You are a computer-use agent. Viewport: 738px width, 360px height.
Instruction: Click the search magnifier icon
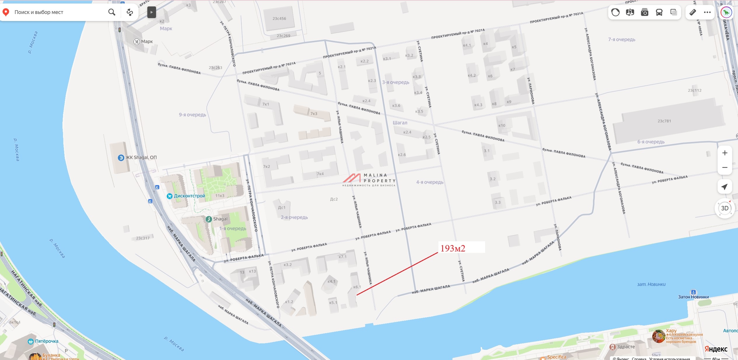pyautogui.click(x=112, y=12)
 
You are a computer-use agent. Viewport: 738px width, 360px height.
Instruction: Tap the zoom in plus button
pyautogui.click(x=725, y=153)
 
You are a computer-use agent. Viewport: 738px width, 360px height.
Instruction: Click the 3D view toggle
pyautogui.click(x=725, y=208)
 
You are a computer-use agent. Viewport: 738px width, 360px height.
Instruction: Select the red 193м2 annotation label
pyautogui.click(x=453, y=248)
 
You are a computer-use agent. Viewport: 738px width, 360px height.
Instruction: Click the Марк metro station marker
pyautogui.click(x=137, y=42)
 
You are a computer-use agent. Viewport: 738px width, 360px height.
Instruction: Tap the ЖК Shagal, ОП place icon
pyautogui.click(x=121, y=158)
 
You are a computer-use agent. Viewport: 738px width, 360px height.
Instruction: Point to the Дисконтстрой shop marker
pyautogui.click(x=169, y=196)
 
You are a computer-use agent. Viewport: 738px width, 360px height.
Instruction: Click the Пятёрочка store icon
pyautogui.click(x=31, y=341)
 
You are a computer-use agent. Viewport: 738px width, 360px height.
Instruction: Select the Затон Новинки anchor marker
pyautogui.click(x=693, y=292)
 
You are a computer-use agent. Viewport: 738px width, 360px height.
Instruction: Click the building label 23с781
pyautogui.click(x=664, y=121)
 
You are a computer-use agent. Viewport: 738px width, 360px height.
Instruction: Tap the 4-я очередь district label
pyautogui.click(x=430, y=182)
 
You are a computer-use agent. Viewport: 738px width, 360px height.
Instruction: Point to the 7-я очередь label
pyautogui.click(x=622, y=40)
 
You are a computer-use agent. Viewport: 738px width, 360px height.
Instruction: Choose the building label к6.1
pyautogui.click(x=357, y=287)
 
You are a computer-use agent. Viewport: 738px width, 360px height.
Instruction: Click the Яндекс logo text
pyautogui.click(x=716, y=349)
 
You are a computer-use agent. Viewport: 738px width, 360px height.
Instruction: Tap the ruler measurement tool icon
pyautogui.click(x=692, y=12)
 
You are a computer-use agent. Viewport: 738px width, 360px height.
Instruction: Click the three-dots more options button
pyautogui.click(x=707, y=12)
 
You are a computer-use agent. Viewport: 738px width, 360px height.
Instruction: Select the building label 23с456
pyautogui.click(x=279, y=19)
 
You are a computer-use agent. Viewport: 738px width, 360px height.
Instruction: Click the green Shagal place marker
pyautogui.click(x=209, y=219)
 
